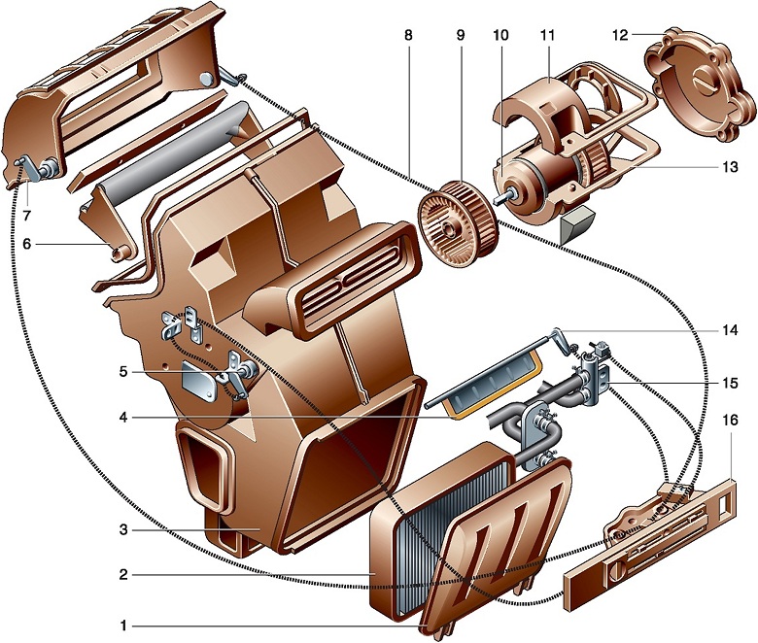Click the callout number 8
[409, 35]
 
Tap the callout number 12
[620, 35]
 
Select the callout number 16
[730, 421]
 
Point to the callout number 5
[123, 372]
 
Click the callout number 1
[123, 626]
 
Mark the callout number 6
[26, 244]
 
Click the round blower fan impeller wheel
[458, 221]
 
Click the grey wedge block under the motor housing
[578, 223]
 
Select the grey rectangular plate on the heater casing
[199, 380]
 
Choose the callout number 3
[123, 529]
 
